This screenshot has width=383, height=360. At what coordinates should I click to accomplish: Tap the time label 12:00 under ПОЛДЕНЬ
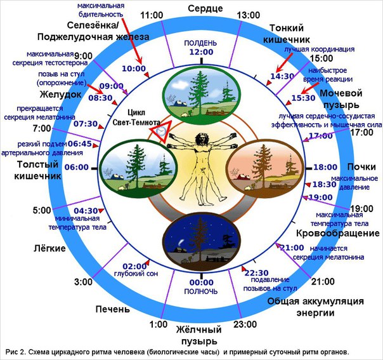point(201,52)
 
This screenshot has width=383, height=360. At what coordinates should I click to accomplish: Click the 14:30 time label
point(283,76)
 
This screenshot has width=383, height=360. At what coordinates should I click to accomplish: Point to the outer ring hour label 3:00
point(83,281)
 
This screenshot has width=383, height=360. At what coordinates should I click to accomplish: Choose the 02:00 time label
point(133,265)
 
